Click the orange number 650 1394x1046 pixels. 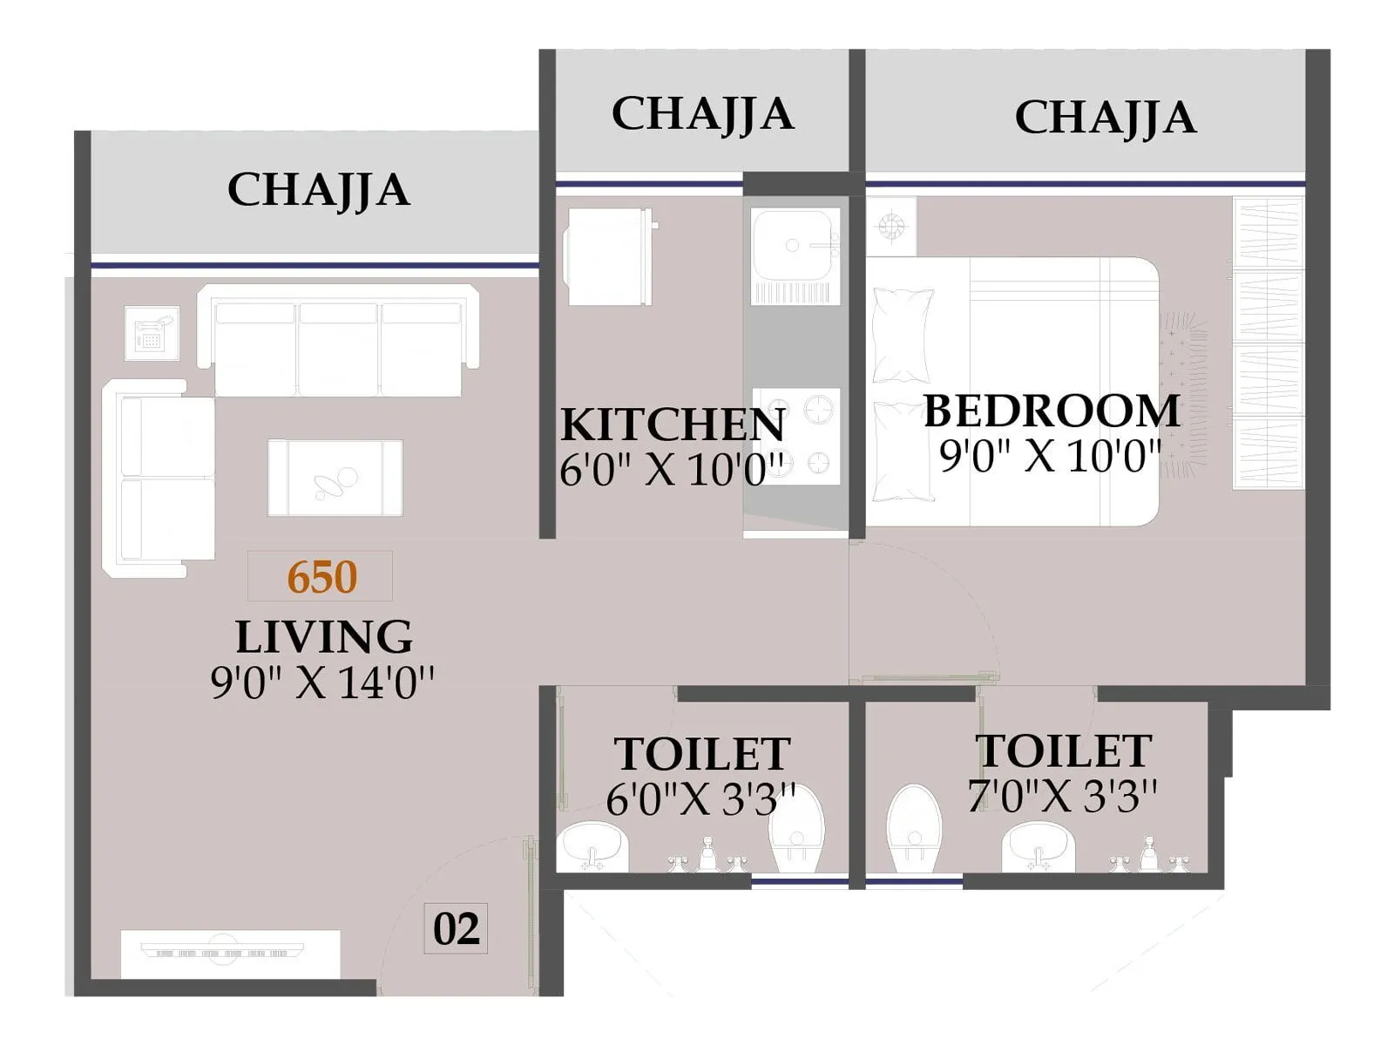coord(321,577)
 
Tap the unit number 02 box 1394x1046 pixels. coord(456,929)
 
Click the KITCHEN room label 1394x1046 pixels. coord(672,425)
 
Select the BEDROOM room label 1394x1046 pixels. coord(1051,411)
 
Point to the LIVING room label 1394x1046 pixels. coord(323,636)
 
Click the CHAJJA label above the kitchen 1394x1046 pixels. coord(702,113)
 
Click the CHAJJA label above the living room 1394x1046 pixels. coord(318,190)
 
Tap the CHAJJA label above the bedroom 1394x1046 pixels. coord(1105,118)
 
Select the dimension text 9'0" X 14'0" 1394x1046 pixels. coord(322,683)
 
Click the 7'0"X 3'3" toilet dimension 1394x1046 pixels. coord(1062,795)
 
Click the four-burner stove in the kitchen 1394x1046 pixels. coord(796,436)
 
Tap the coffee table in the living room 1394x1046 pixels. coord(335,478)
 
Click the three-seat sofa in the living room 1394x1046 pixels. coord(338,342)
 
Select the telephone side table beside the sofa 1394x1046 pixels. coord(152,332)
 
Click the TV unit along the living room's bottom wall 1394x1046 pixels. coord(229,954)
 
